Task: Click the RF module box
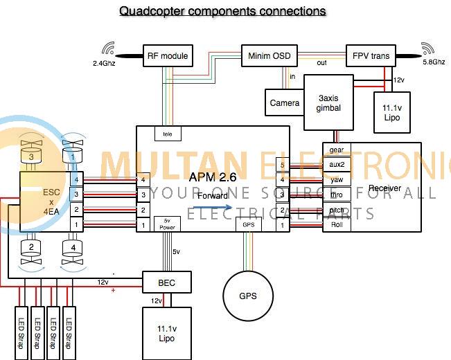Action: (x=167, y=55)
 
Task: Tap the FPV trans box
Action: (x=371, y=55)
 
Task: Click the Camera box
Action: (x=285, y=102)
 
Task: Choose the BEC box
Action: (x=166, y=282)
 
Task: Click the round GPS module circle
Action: (x=247, y=296)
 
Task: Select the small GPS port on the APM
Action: (x=247, y=224)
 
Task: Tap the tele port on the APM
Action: (x=167, y=133)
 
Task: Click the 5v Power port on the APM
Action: (x=167, y=224)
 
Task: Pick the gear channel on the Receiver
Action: (x=337, y=150)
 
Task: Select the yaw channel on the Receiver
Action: (x=337, y=179)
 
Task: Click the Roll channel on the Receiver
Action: (x=337, y=225)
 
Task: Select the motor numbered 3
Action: (x=31, y=156)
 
